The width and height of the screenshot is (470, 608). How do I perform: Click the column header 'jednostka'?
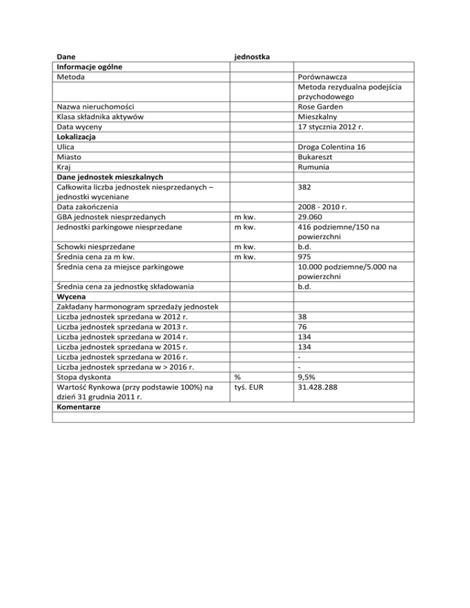point(253,57)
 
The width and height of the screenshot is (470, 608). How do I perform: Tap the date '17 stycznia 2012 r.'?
point(335,127)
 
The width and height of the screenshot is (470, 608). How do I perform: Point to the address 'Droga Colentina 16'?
point(334,147)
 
